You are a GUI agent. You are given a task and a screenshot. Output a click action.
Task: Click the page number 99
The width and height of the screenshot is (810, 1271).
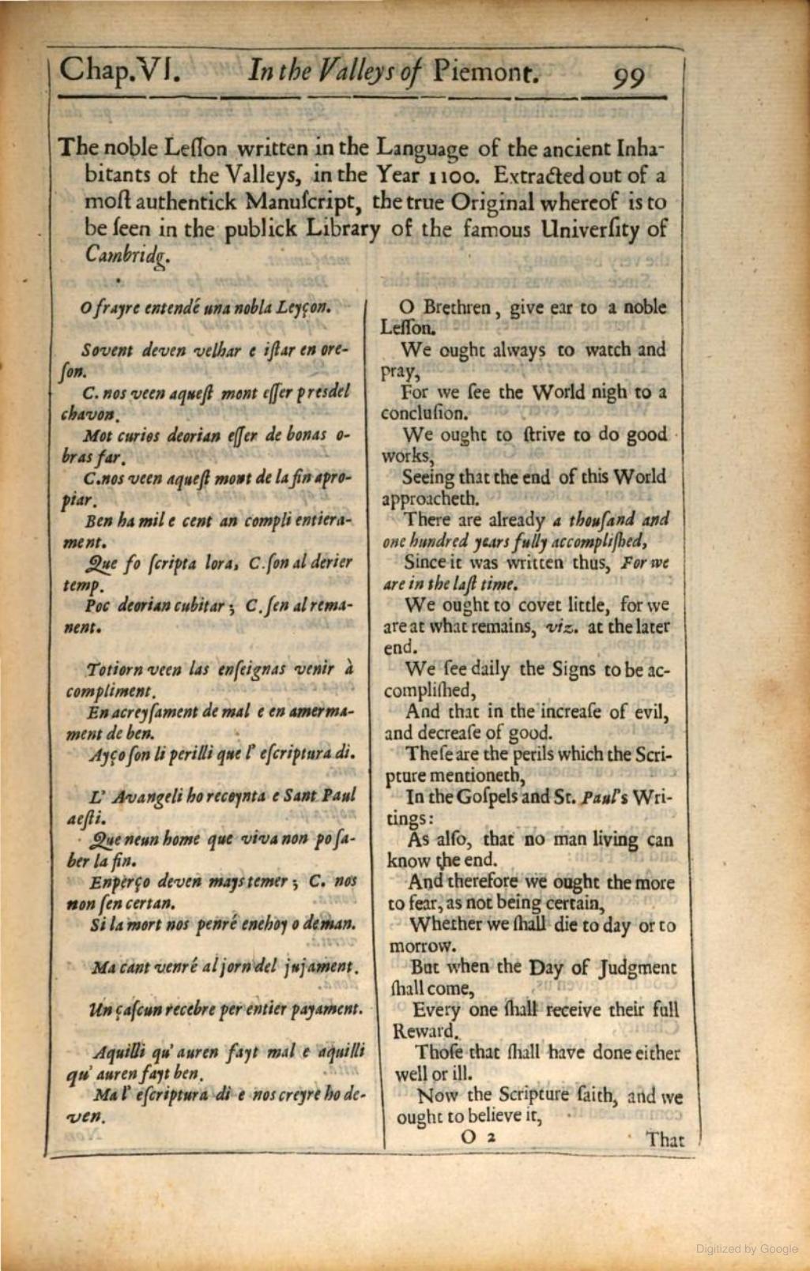click(x=628, y=77)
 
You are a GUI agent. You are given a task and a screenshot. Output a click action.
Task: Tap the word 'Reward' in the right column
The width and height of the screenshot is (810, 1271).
click(x=424, y=1031)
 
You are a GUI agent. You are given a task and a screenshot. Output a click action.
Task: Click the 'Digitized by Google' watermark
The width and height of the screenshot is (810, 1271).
click(x=747, y=1249)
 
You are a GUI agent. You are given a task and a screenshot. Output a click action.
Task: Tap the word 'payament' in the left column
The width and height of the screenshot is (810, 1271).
click(x=330, y=1009)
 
